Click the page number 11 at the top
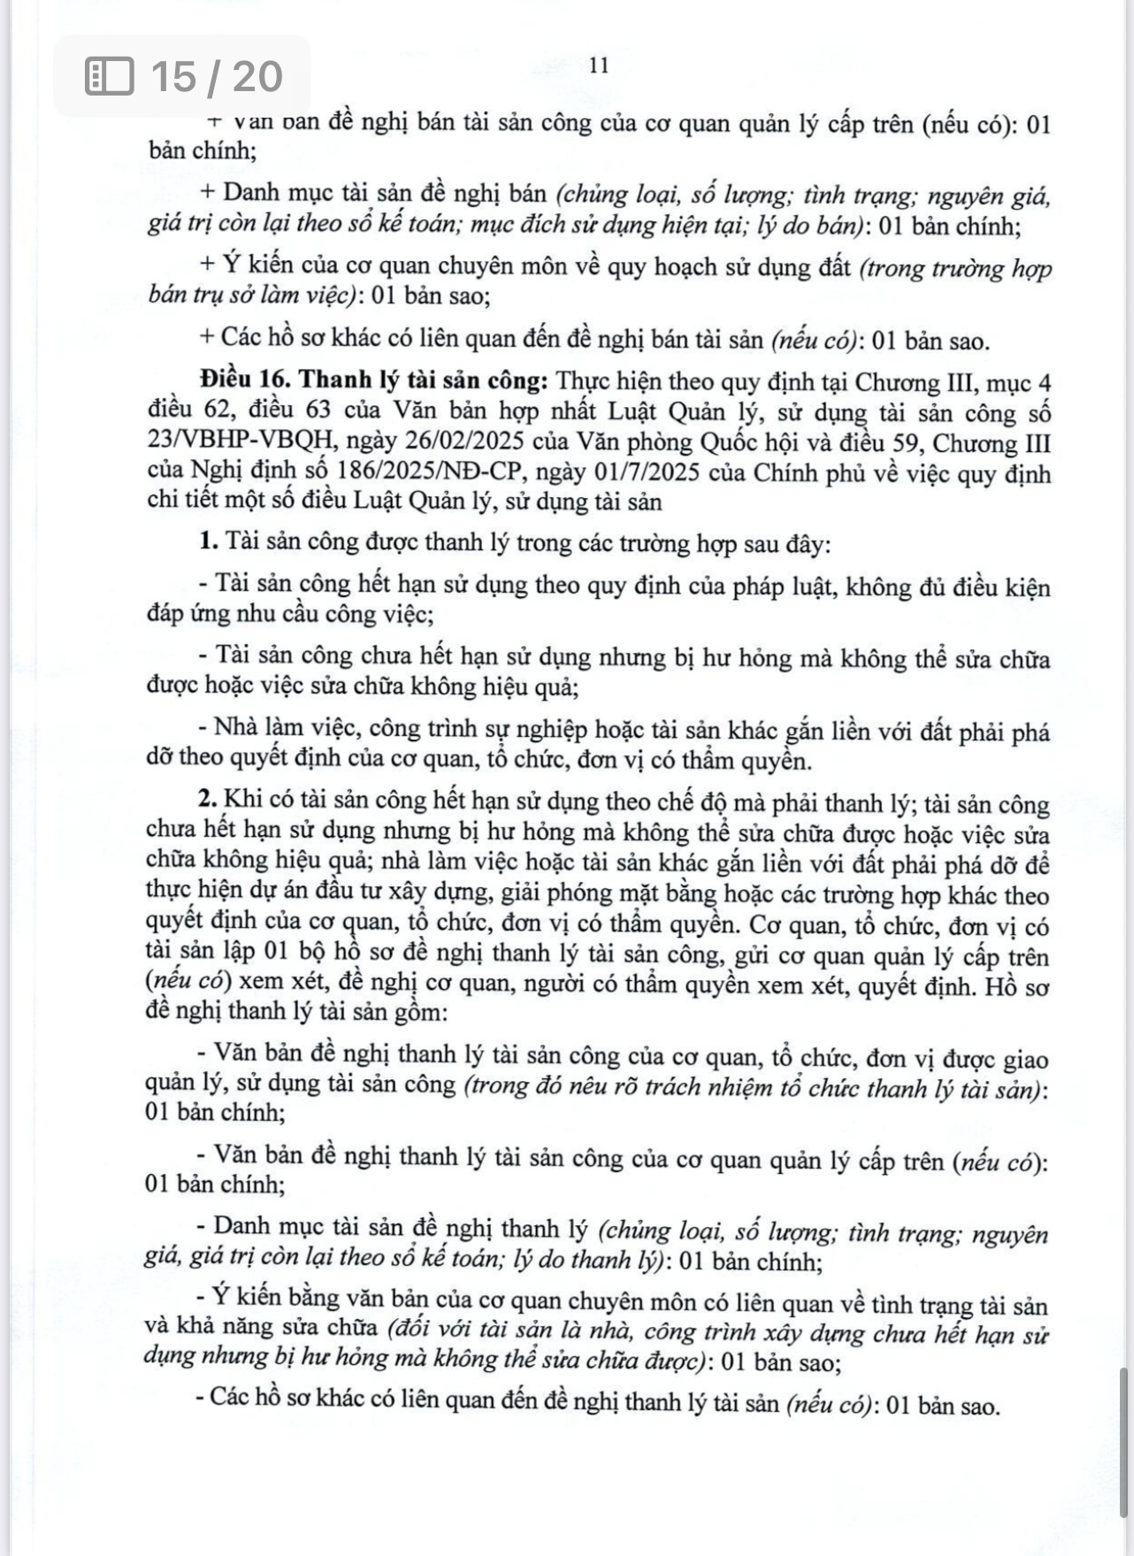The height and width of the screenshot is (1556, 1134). point(599,66)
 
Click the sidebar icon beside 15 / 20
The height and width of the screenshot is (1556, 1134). point(109,76)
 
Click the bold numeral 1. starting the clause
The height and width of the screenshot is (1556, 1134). point(209,541)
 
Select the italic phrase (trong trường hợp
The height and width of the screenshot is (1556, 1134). point(955,268)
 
